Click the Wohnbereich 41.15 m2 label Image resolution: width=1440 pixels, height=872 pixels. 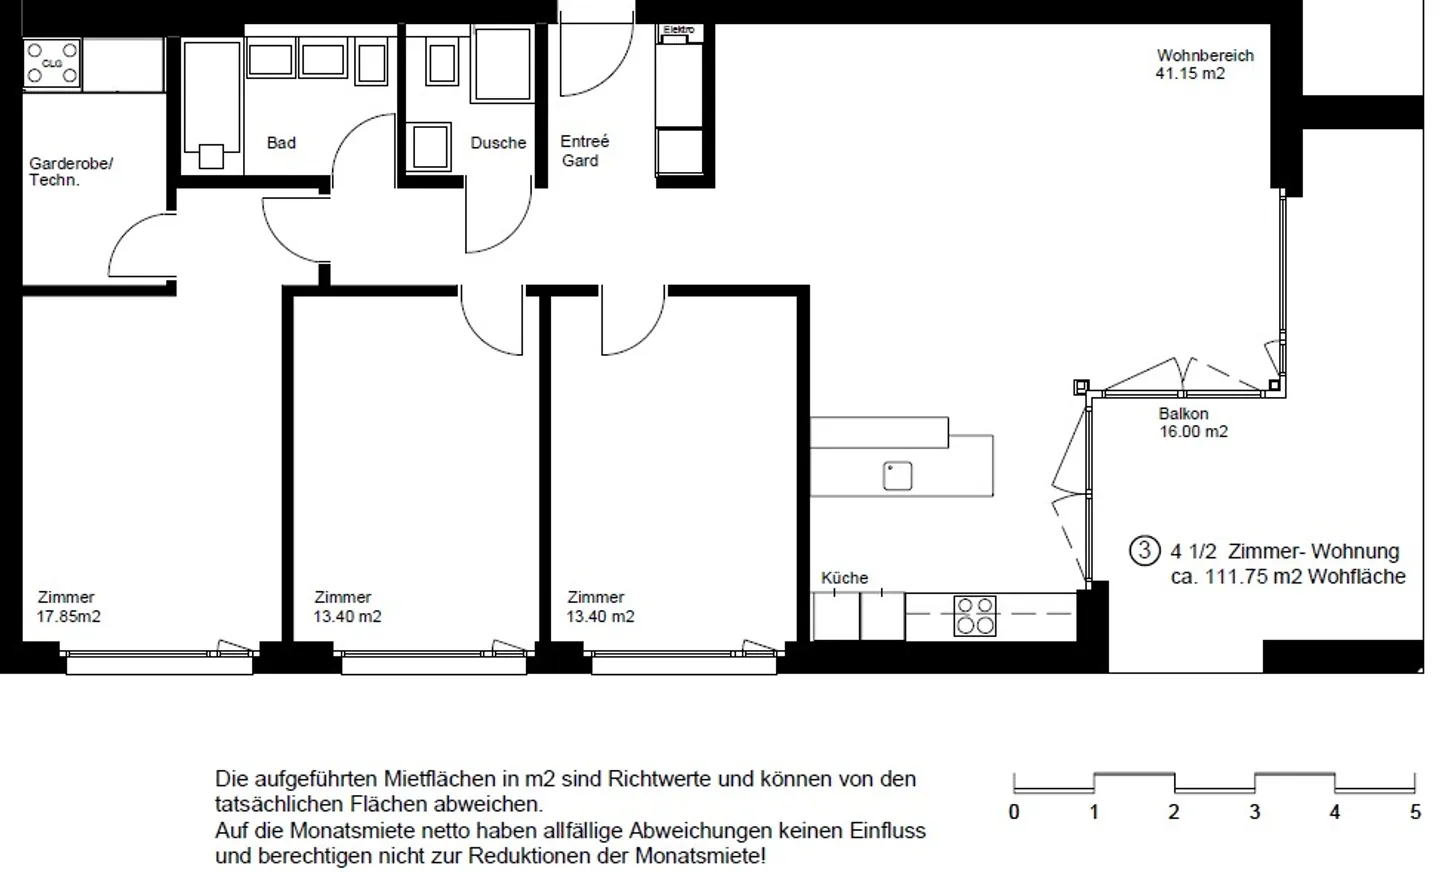[x=1205, y=64]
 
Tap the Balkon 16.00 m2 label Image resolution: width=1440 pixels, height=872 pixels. [x=1193, y=422]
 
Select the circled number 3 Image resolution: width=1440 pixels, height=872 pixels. [x=1144, y=551]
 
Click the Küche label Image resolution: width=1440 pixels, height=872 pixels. [x=844, y=578]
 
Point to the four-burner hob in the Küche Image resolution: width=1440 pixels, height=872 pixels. [x=975, y=616]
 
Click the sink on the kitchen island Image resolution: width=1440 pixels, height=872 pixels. [x=897, y=476]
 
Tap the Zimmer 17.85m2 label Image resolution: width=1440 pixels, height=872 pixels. [x=68, y=606]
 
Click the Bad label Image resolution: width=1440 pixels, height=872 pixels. [x=281, y=143]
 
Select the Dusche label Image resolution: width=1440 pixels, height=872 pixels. [x=498, y=143]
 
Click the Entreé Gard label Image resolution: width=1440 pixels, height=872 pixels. [x=584, y=150]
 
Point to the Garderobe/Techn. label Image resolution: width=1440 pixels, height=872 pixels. [x=71, y=172]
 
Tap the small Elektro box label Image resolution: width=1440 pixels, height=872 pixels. [x=679, y=30]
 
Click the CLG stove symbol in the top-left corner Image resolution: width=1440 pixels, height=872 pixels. [x=52, y=64]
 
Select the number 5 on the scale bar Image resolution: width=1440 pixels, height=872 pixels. [x=1415, y=813]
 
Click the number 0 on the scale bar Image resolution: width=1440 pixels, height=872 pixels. [x=1014, y=813]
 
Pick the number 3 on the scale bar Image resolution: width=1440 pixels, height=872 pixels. [x=1254, y=813]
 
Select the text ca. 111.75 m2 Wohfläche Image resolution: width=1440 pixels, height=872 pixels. [x=1288, y=577]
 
